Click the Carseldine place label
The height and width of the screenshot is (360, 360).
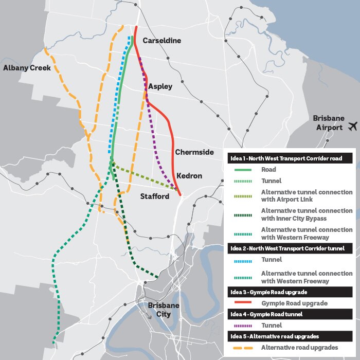point(162,41)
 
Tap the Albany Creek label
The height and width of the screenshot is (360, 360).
point(27,68)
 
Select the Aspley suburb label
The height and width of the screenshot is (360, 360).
point(160,86)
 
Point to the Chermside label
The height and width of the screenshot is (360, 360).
point(194,152)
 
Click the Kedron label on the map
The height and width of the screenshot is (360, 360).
point(189,176)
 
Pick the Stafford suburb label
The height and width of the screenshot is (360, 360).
point(155,196)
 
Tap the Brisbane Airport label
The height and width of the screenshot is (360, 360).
point(328,122)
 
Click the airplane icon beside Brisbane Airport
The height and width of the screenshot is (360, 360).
point(353,126)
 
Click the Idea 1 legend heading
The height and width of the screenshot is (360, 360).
point(290,159)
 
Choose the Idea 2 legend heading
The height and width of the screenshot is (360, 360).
point(290,248)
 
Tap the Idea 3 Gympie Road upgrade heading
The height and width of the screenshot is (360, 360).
point(290,292)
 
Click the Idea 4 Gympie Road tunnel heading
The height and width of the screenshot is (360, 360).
point(290,314)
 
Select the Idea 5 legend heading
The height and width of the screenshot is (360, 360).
point(290,336)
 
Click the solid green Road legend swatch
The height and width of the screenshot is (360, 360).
point(242,170)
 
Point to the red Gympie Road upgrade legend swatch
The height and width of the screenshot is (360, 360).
point(242,303)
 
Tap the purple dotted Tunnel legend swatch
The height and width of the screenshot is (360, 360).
point(242,325)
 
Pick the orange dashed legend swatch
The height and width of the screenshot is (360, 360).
point(242,348)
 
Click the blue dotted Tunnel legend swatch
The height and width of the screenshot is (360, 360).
point(242,260)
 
